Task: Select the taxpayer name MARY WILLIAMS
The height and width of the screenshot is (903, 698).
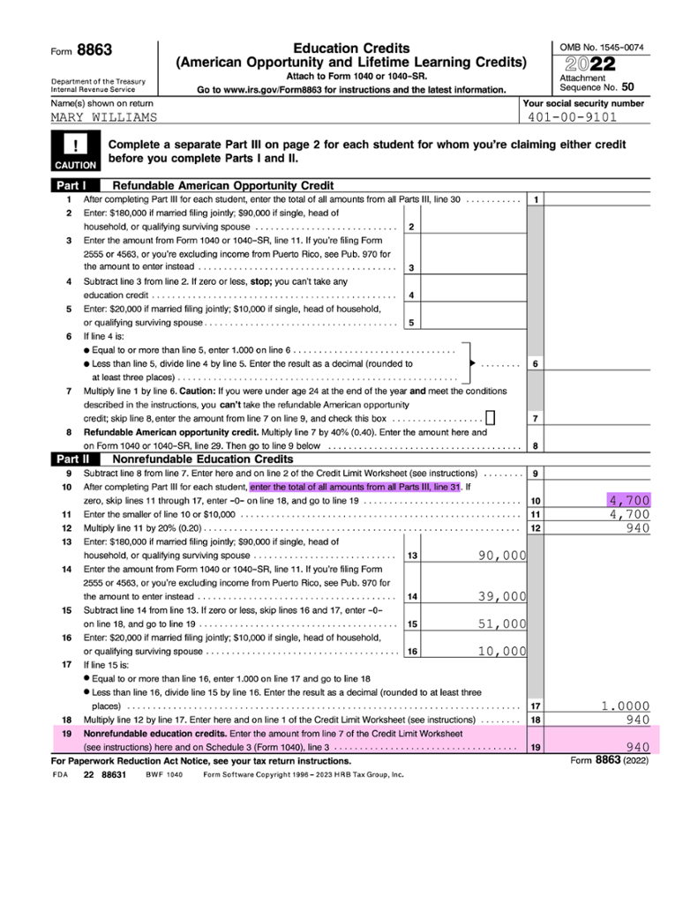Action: [x=104, y=116]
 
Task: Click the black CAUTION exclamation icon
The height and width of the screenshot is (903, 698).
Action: [x=75, y=149]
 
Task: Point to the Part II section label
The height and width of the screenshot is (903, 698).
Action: [x=73, y=459]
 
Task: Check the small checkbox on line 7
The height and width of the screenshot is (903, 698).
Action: [x=491, y=418]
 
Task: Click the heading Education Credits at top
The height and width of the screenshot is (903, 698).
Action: [x=350, y=48]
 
